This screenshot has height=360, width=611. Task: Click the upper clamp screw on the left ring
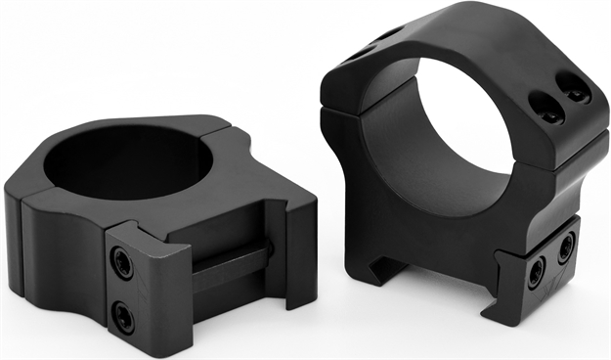[123, 262]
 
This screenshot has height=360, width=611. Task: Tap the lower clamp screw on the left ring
[123, 313]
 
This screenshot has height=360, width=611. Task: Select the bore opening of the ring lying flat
[127, 160]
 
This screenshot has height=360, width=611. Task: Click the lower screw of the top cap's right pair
[577, 96]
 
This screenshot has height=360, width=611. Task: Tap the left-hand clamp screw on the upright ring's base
[536, 274]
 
